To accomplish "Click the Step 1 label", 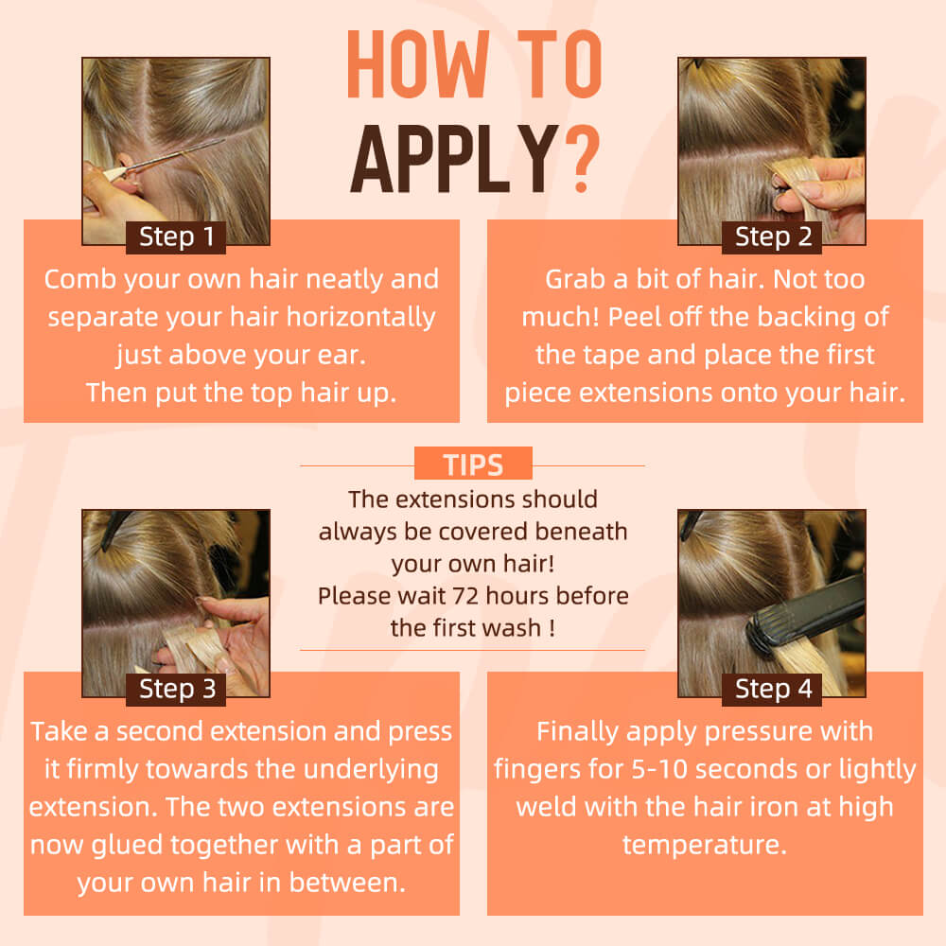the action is coord(176,237).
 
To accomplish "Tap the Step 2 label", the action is coord(772,237).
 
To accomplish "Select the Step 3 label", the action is coord(176,689).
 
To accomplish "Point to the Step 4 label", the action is coord(772,689).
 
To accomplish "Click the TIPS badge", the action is coord(474,464).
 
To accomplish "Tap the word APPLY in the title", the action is coord(454,159).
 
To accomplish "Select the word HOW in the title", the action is coord(417,64).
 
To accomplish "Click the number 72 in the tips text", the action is coord(465,596).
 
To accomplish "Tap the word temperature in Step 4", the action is coord(705,846).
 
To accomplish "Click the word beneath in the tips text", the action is coord(581,532).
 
